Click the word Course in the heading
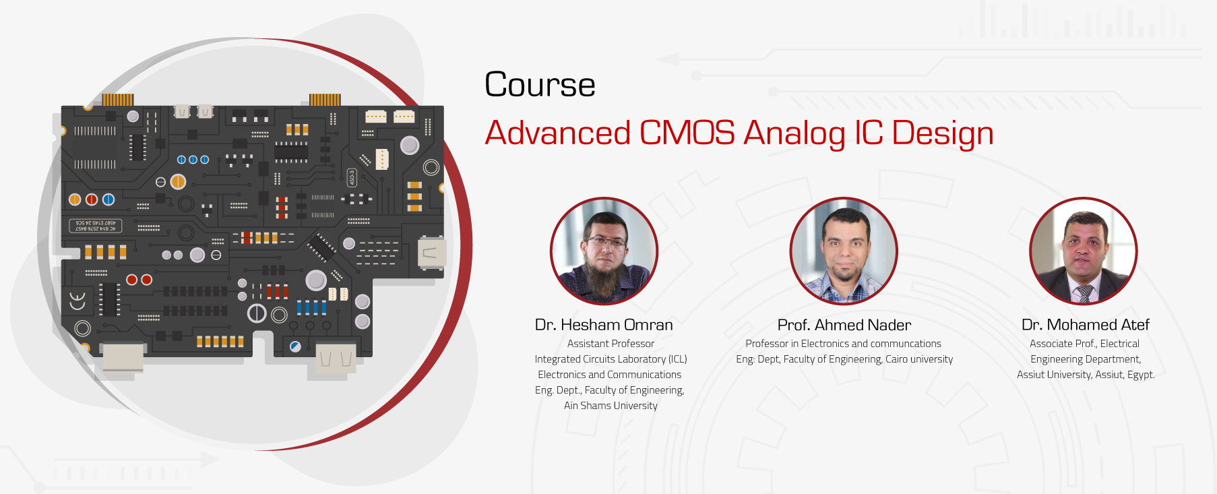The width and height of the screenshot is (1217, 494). click(x=540, y=85)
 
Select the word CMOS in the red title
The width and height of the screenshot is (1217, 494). click(x=687, y=133)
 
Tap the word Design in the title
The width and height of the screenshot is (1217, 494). click(x=942, y=133)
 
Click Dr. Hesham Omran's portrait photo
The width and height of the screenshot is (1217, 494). click(x=604, y=251)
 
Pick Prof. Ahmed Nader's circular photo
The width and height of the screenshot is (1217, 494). click(x=844, y=251)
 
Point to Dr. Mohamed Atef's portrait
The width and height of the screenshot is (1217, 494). click(x=1083, y=251)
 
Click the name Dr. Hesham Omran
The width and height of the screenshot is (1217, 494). click(x=604, y=325)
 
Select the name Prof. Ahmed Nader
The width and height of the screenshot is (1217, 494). click(x=844, y=325)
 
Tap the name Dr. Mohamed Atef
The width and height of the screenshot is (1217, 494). click(x=1085, y=325)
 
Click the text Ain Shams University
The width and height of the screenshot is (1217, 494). click(x=611, y=406)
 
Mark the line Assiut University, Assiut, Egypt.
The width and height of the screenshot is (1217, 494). click(x=1086, y=375)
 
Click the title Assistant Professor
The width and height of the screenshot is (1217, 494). click(x=611, y=344)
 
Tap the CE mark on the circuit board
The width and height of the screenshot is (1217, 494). click(x=77, y=301)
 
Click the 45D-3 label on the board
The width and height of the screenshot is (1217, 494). click(x=351, y=178)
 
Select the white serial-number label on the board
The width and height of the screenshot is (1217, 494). click(x=95, y=226)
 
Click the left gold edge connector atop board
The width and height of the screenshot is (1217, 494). click(x=118, y=100)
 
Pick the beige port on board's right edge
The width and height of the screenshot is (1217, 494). click(x=430, y=254)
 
